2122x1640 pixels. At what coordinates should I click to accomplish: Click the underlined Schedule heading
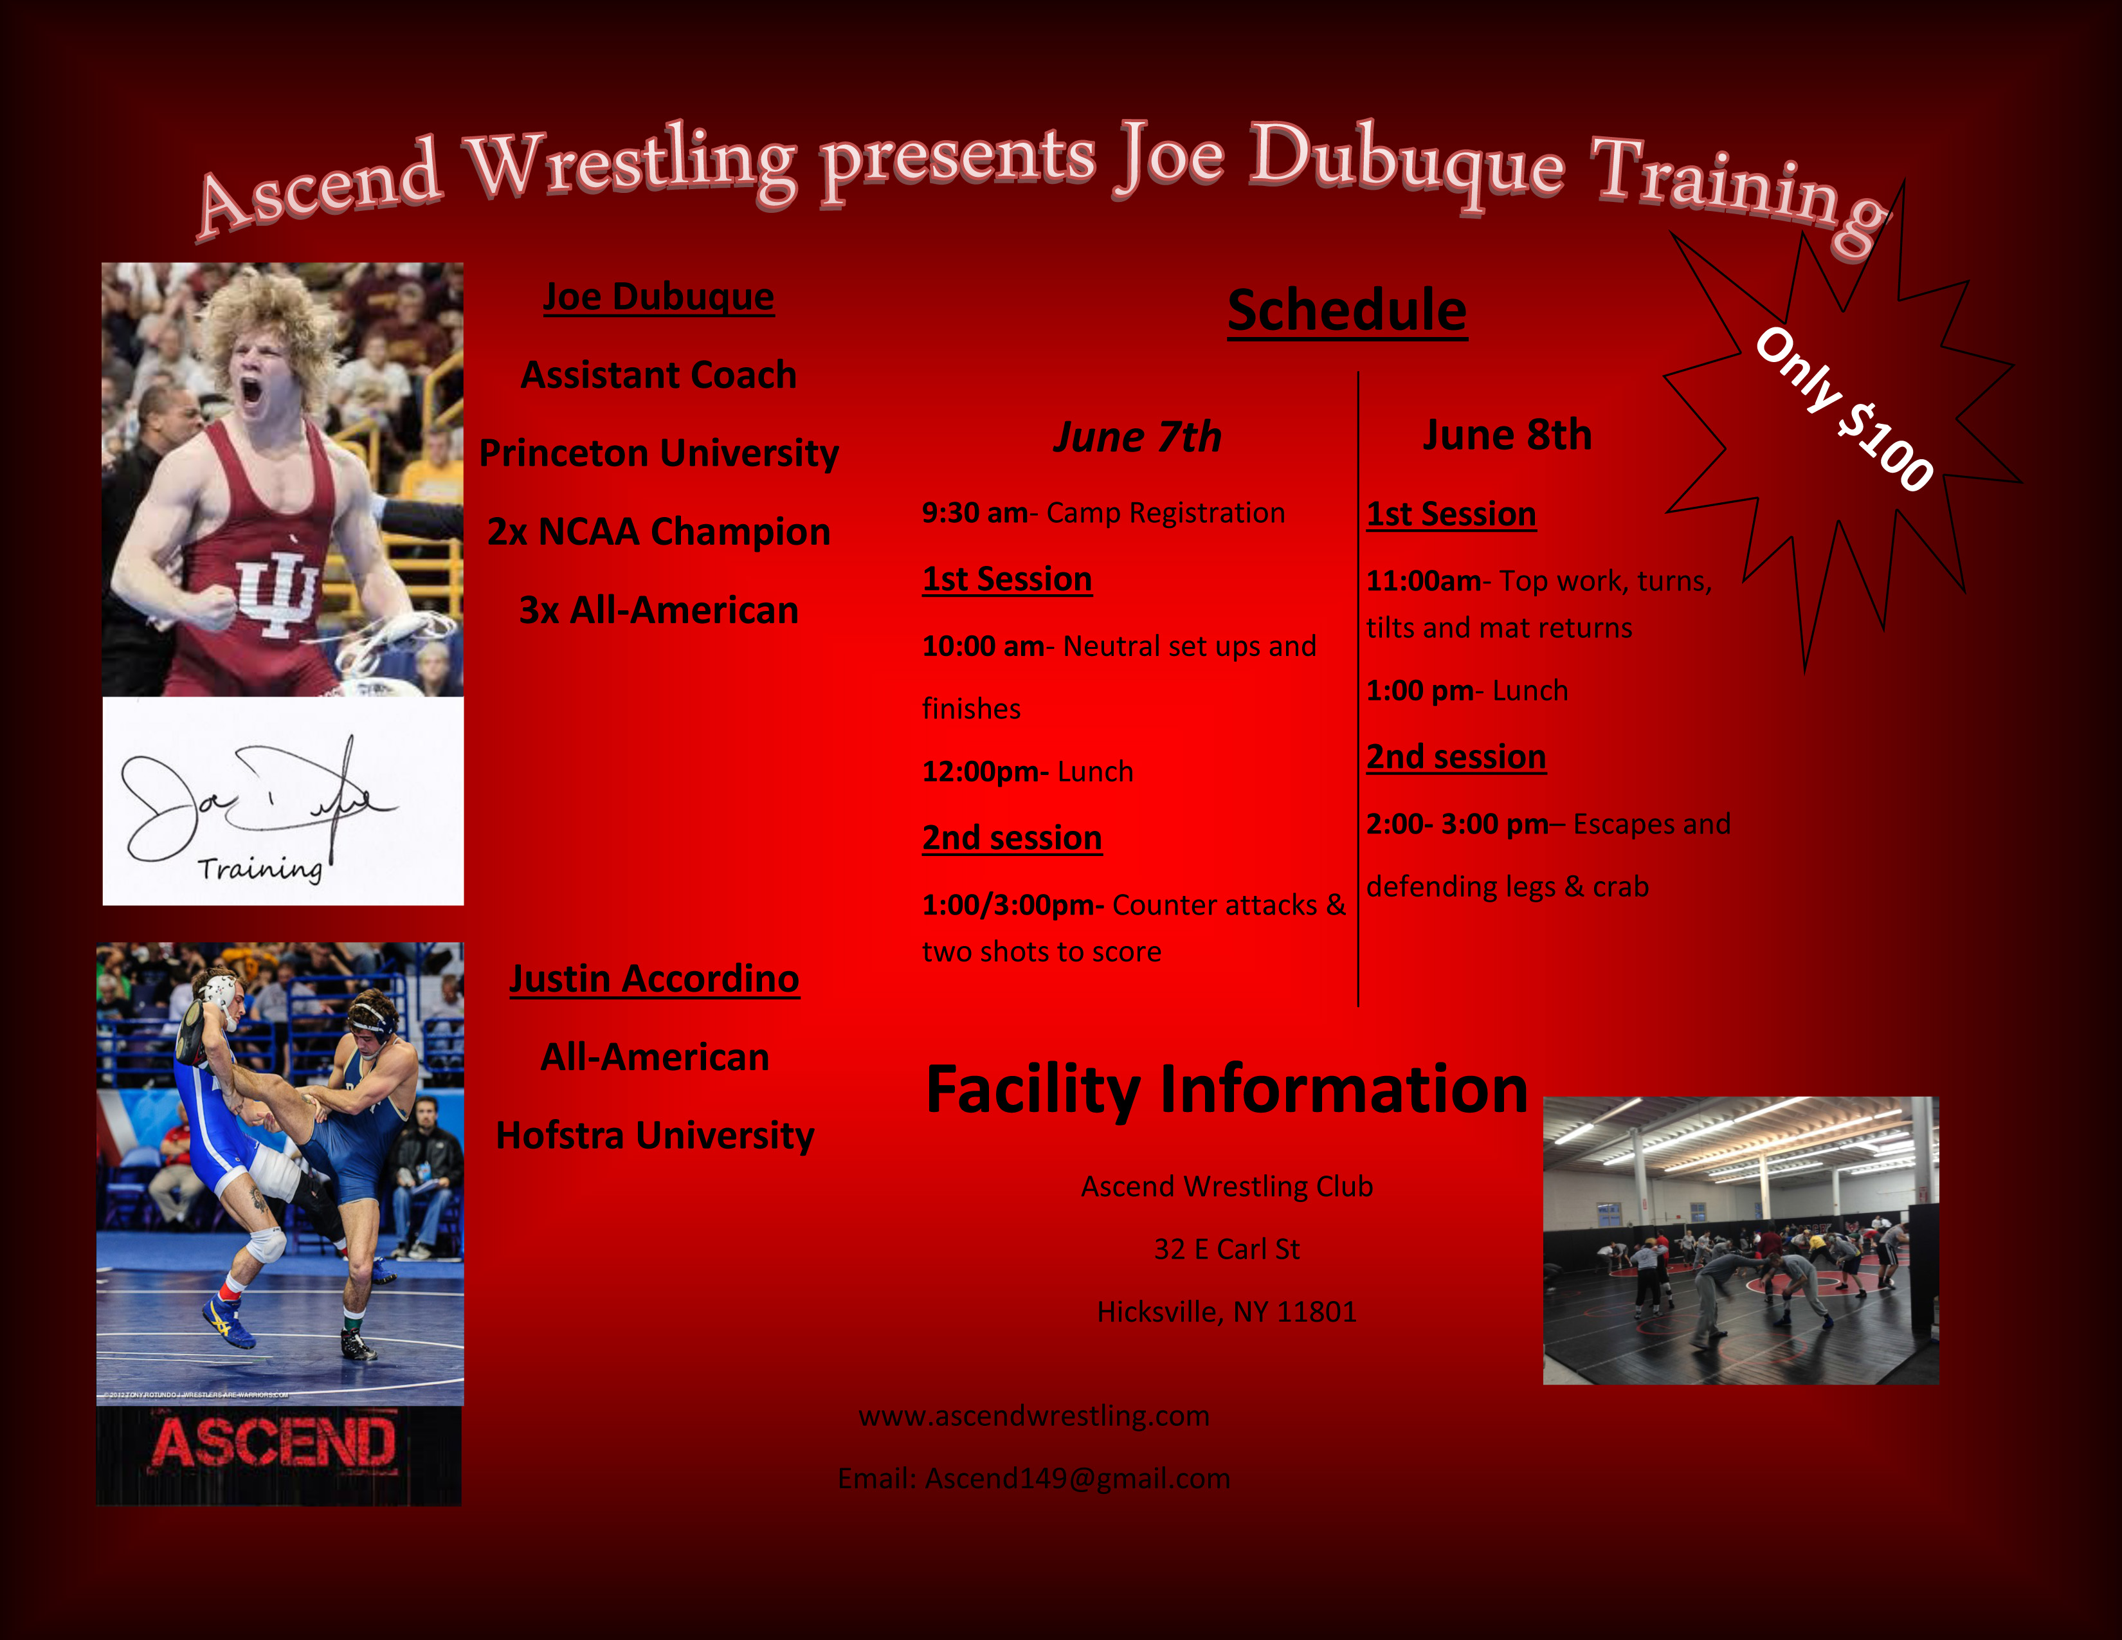click(1347, 311)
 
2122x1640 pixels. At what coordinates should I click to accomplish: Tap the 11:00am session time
click(1424, 581)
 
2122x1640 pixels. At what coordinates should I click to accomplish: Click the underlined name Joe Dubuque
click(658, 297)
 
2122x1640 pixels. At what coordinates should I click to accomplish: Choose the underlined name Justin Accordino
click(655, 979)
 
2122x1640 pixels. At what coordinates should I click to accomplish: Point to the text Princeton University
click(658, 453)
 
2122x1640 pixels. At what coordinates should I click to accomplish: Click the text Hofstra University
click(655, 1136)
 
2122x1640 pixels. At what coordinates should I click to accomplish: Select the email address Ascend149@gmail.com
click(1078, 1479)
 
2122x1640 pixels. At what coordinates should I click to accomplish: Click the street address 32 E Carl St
click(1226, 1250)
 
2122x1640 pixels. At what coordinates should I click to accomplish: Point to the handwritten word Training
click(259, 868)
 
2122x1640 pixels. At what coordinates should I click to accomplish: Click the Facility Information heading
click(1227, 1090)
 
